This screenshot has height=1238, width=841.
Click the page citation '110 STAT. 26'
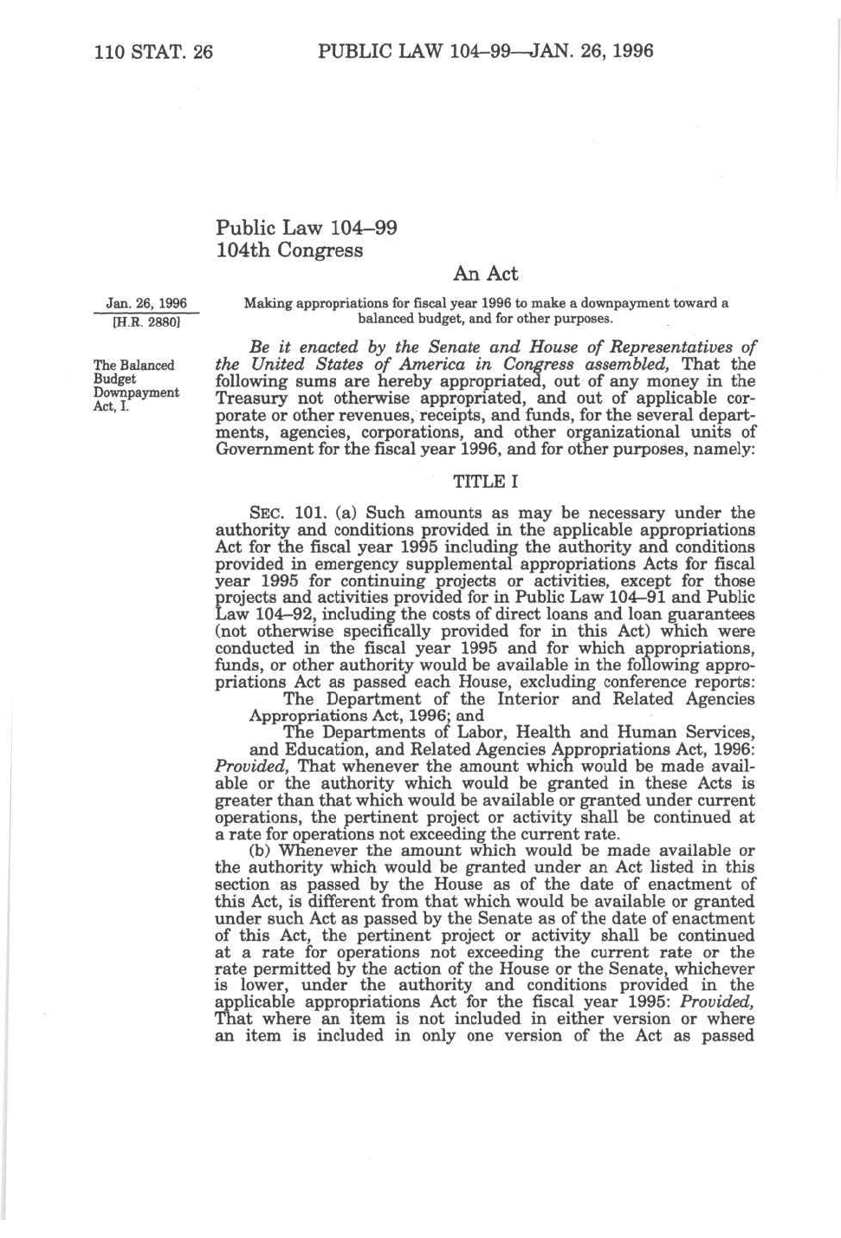coord(152,51)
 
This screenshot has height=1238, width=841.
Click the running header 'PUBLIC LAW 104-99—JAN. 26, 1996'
coord(485,50)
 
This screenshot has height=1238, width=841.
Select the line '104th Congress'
coord(288,251)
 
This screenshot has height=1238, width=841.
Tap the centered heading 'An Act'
coord(485,274)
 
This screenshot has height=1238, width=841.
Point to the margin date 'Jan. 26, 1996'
coord(146,303)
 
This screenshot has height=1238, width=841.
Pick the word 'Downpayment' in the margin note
coord(136,392)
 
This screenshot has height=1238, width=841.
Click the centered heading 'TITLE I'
coord(485,482)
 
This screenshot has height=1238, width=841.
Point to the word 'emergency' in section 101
coord(329,564)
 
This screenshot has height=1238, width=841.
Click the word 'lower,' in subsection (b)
coord(257,985)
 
